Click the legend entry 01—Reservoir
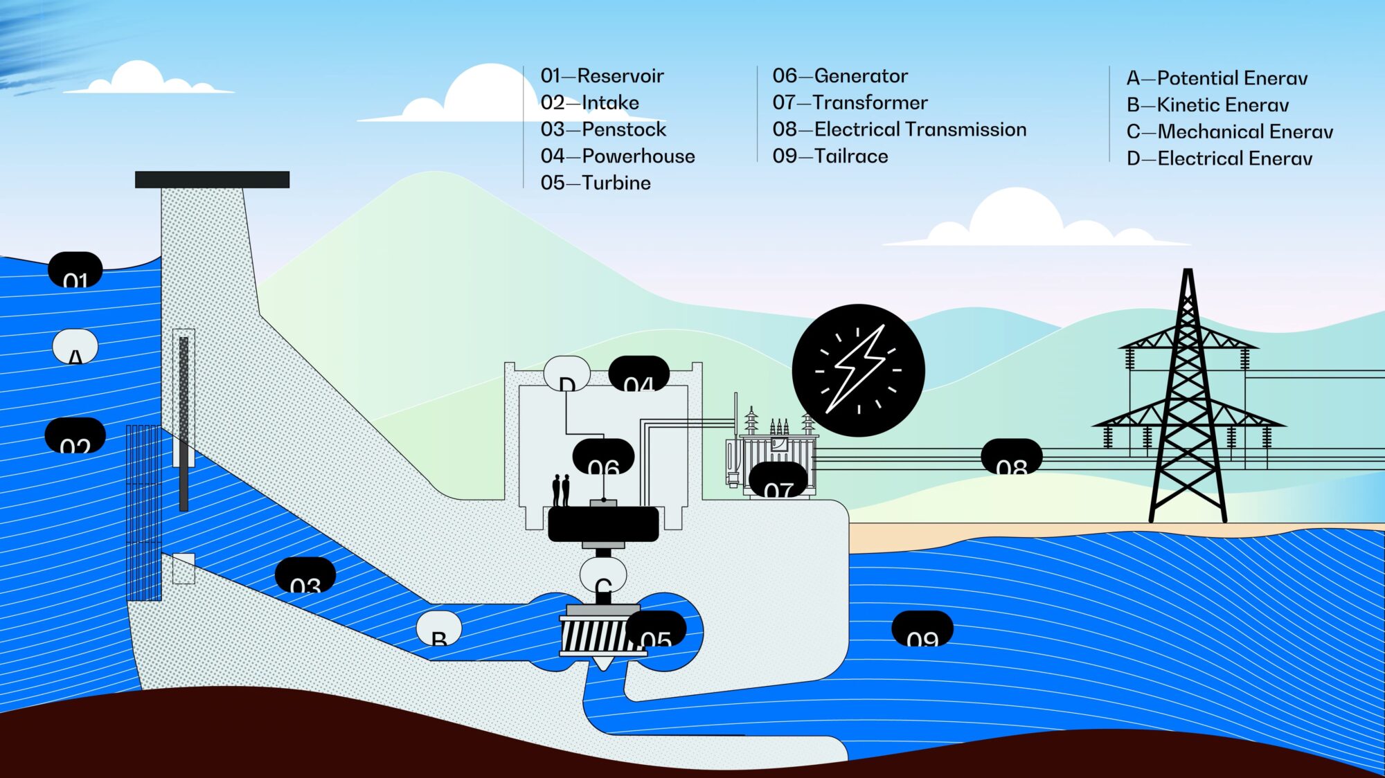point(602,75)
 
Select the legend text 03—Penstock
point(603,129)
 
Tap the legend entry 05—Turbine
point(596,183)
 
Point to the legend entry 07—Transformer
point(850,102)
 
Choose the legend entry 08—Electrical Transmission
point(899,129)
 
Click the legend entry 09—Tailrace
point(830,156)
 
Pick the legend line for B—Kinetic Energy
point(1208,105)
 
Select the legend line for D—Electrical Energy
point(1219,159)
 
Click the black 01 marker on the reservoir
point(75,271)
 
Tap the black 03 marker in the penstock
point(305,575)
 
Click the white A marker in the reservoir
point(75,347)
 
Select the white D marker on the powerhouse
point(566,374)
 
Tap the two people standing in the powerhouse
point(561,490)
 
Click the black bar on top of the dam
point(212,180)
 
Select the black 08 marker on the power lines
point(1011,456)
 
